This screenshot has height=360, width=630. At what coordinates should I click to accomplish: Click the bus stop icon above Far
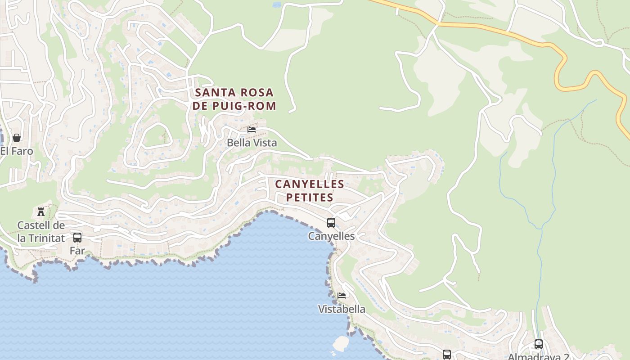point(77,237)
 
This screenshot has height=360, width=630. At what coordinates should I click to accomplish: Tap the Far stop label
point(77,251)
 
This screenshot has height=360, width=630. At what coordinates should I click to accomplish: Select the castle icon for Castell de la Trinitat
point(41,211)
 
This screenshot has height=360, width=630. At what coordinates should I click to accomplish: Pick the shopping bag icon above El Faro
point(17,137)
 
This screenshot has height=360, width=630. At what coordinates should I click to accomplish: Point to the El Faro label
point(17,151)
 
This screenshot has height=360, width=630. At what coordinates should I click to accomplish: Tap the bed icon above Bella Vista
point(252,130)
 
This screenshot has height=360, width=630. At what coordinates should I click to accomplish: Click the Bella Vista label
point(252,143)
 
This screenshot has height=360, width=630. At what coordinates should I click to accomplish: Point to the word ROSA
point(257,93)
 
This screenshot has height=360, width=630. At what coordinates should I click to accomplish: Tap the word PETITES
point(310,198)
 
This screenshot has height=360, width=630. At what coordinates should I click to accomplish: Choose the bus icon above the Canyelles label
point(331,222)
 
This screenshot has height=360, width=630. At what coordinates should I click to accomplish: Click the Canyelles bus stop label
point(331,236)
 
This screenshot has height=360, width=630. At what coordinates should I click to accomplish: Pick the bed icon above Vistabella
point(342,295)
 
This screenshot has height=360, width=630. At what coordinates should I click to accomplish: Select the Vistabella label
point(342,309)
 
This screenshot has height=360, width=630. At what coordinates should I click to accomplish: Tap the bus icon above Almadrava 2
point(538,344)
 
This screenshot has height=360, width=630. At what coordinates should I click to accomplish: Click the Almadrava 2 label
point(538,357)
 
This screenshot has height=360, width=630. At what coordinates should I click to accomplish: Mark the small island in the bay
point(341,344)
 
